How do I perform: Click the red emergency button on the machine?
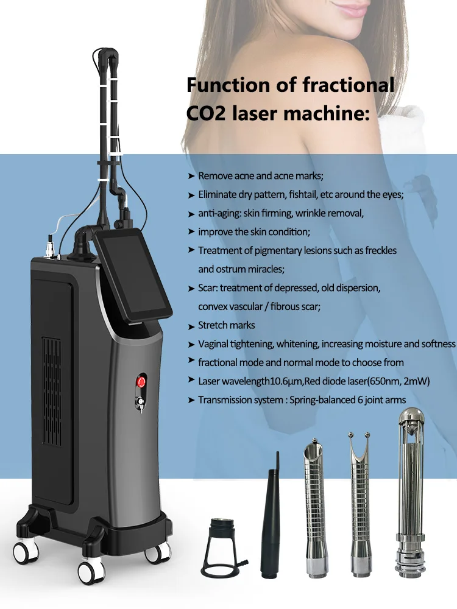pyautogui.click(x=141, y=382)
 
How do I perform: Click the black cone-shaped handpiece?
pyautogui.click(x=271, y=518)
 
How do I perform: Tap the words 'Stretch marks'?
pyautogui.click(x=227, y=325)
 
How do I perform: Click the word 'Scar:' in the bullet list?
pyautogui.click(x=210, y=287)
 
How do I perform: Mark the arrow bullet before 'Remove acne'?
pyautogui.click(x=191, y=176)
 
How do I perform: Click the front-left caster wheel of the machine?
pyautogui.click(x=91, y=571)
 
